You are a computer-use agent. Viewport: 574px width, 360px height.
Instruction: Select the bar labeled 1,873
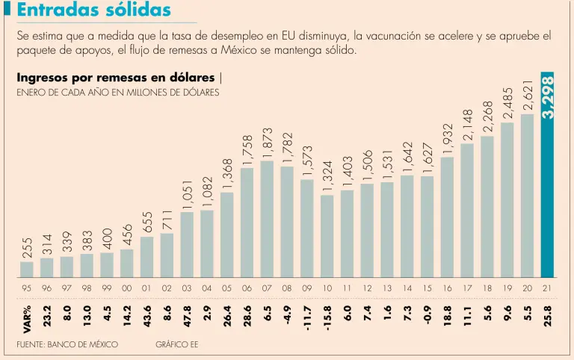[x=267, y=218]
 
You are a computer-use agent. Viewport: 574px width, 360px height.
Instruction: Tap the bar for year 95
[x=26, y=269]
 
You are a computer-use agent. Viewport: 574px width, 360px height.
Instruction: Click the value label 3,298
[x=549, y=96]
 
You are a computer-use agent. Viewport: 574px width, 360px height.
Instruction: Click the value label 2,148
[x=468, y=124]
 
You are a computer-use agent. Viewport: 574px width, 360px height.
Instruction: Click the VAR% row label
[x=27, y=319]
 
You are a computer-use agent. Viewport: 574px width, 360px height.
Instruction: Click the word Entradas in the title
[x=53, y=10]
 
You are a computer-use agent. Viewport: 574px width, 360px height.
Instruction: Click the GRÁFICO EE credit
[x=176, y=345]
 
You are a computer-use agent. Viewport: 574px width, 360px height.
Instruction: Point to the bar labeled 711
[x=167, y=255]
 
